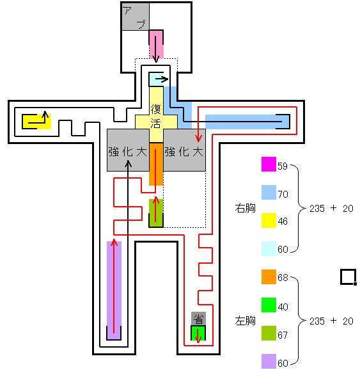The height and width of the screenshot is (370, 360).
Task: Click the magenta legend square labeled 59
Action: [x=269, y=164]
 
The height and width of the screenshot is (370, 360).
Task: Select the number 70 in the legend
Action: [x=283, y=194]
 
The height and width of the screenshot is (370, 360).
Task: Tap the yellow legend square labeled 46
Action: [x=269, y=220]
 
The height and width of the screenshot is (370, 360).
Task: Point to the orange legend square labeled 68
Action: [x=269, y=277]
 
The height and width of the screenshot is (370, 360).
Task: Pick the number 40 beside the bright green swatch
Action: [x=283, y=307]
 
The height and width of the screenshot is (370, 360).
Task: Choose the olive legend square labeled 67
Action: [x=269, y=333]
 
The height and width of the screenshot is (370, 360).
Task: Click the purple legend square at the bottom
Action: [x=269, y=361]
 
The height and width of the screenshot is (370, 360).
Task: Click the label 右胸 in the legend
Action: [x=245, y=208]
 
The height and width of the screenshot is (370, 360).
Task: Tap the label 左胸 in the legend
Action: [x=245, y=321]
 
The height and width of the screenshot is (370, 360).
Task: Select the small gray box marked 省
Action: [x=198, y=319]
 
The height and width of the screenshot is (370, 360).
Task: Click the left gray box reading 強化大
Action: [x=128, y=150]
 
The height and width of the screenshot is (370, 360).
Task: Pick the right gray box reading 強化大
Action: [x=184, y=150]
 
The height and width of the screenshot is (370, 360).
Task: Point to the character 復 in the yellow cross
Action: [x=156, y=109]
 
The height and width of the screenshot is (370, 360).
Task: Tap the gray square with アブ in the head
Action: [x=136, y=17]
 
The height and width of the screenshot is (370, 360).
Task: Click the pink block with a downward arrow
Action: [x=156, y=44]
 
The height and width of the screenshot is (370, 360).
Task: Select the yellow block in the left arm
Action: [x=36, y=122]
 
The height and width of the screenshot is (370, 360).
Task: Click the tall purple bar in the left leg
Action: [x=114, y=291]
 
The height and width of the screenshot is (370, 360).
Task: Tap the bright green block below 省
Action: [x=198, y=333]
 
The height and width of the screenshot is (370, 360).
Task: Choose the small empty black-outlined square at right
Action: [x=348, y=277]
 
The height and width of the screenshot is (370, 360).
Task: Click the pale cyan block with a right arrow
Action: [x=156, y=79]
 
